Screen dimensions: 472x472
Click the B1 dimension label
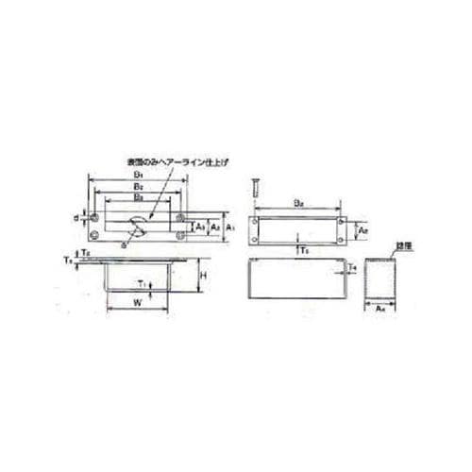[x=138, y=176]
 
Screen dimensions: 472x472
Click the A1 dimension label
[x=229, y=227]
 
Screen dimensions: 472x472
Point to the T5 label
[x=303, y=249]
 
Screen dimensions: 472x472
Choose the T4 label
[x=351, y=269]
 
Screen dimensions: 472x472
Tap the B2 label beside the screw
[x=298, y=202]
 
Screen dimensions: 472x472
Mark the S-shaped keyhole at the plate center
[x=138, y=228]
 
